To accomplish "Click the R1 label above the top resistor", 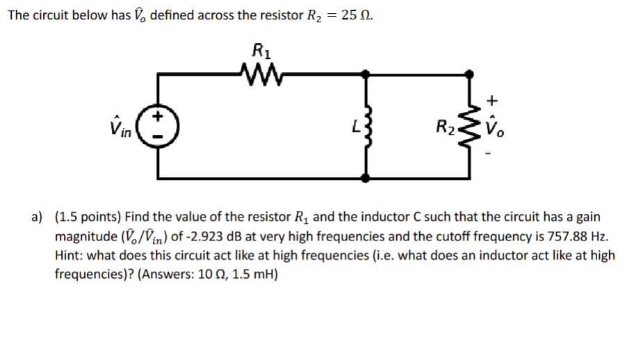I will coord(261,50).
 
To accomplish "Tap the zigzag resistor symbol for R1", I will coord(261,71).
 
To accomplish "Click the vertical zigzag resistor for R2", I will coord(470,126).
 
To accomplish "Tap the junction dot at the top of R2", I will coord(471,72).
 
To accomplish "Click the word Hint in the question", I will coord(69,255).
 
